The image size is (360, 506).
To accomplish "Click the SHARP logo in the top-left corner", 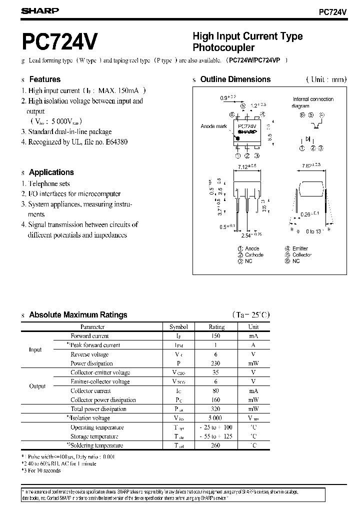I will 40,10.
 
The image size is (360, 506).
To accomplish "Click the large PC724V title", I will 60,42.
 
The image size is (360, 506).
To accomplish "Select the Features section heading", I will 44,79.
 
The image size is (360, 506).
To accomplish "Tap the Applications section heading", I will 51,172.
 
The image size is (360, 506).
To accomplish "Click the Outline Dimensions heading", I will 235,79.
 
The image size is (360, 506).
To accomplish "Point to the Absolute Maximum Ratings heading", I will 78,315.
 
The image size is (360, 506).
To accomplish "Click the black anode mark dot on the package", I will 237,137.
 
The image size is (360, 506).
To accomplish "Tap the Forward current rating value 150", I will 216,336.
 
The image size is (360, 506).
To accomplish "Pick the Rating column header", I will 216,327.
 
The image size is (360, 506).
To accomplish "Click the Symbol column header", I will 179,327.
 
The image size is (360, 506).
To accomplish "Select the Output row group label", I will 37,386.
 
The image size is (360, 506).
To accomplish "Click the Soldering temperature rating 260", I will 216,445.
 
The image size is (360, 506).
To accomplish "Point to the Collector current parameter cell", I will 90,390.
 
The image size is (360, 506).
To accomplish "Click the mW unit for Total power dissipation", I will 253,408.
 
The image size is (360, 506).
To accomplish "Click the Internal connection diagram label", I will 312,102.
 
